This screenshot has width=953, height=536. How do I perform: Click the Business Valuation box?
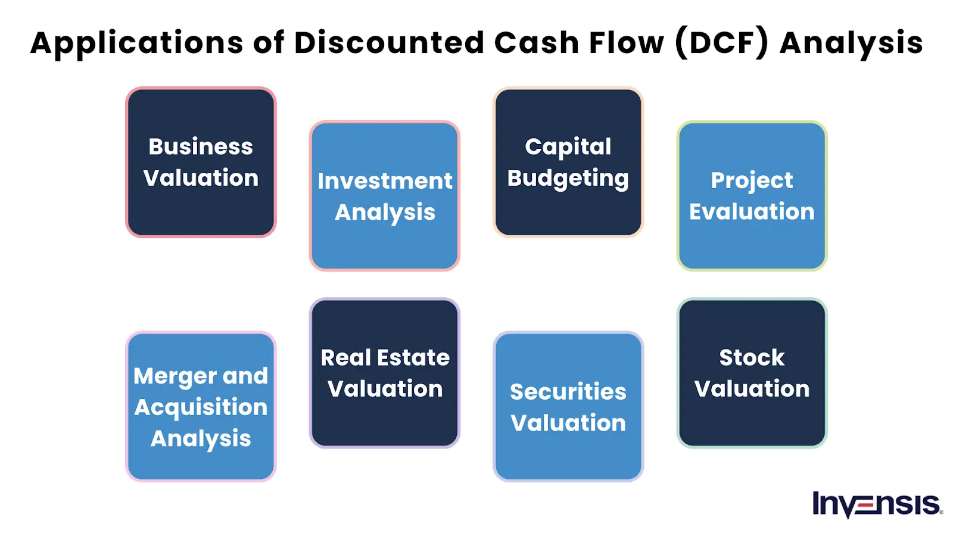pos(201,162)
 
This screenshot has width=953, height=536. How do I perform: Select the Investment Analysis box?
pos(385,196)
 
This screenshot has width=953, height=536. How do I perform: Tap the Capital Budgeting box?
pos(568,162)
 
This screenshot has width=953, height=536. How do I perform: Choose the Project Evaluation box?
pos(752,196)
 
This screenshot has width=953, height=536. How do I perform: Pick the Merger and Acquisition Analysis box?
pos(201,407)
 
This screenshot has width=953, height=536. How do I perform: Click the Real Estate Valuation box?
pos(385,373)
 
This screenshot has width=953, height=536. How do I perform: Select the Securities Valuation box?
pos(568,407)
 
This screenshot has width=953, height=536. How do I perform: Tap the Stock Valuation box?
pos(752,373)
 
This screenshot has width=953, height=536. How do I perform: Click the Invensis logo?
pos(877,504)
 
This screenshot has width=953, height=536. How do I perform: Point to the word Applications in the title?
pos(137,43)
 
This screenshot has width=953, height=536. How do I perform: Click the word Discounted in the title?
pos(389,43)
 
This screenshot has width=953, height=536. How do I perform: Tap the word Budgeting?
pos(568,178)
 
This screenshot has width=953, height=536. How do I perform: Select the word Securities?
pos(568,392)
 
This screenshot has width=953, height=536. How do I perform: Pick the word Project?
pos(752,180)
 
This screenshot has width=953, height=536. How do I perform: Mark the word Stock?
pos(752,357)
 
